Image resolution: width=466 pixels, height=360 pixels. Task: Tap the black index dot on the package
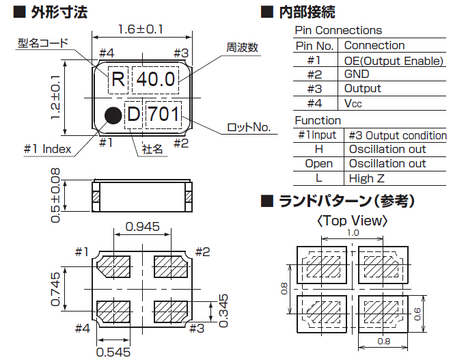pyautogui.click(x=113, y=114)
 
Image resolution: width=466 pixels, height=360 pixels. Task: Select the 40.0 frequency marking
pyautogui.click(x=155, y=79)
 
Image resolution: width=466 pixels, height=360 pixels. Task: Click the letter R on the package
pyautogui.click(x=118, y=79)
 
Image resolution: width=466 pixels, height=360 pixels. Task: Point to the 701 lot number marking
pyautogui.click(x=164, y=114)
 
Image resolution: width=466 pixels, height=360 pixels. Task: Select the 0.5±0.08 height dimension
pyautogui.click(x=55, y=195)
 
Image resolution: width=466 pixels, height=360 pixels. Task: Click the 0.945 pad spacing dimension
pyautogui.click(x=143, y=225)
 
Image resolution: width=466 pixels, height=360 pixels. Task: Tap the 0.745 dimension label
pyautogui.click(x=56, y=289)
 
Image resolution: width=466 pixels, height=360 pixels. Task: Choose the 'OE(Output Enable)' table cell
pyautogui.click(x=394, y=60)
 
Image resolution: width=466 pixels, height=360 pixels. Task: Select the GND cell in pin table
pyautogui.click(x=357, y=74)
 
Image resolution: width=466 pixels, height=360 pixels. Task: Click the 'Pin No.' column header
pyautogui.click(x=315, y=45)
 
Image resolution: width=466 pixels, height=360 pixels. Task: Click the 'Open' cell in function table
pyautogui.click(x=318, y=164)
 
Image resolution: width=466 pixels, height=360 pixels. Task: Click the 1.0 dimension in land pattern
pyautogui.click(x=353, y=233)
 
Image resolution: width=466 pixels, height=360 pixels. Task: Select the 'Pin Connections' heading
pyautogui.click(x=338, y=30)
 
